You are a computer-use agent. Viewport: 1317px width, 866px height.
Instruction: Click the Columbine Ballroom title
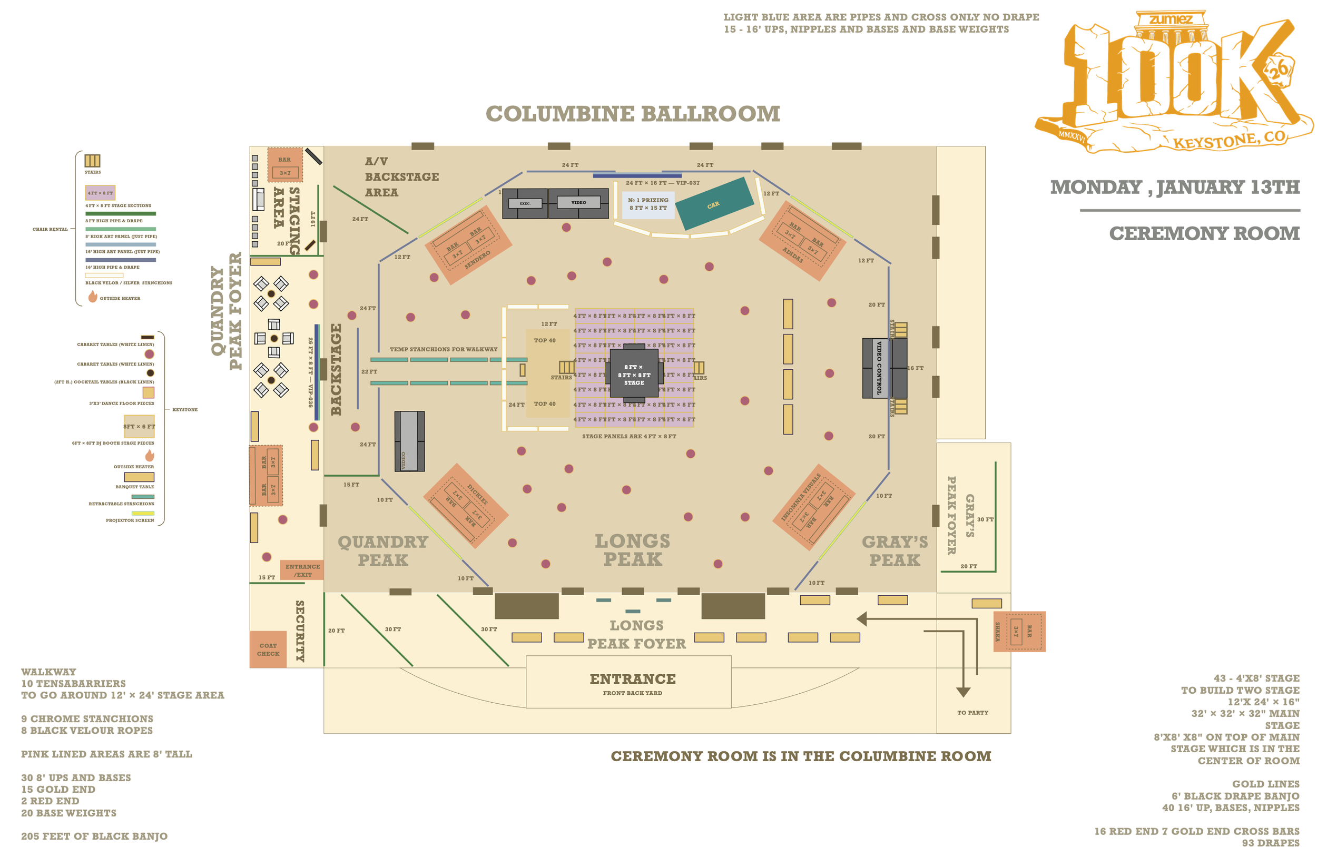click(x=633, y=114)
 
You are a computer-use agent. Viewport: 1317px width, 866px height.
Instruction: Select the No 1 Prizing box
click(x=647, y=204)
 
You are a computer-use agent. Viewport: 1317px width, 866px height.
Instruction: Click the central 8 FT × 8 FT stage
click(x=634, y=375)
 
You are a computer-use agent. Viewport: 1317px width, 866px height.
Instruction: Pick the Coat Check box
click(x=268, y=649)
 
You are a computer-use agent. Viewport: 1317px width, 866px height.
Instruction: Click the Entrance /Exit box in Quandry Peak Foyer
click(x=302, y=570)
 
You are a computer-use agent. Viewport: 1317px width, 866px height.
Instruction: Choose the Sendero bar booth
click(x=468, y=245)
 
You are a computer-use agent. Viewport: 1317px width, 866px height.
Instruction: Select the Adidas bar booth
click(x=802, y=241)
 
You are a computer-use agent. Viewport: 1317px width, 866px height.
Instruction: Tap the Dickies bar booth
click(x=465, y=505)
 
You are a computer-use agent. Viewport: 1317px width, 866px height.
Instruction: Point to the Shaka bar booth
click(x=1019, y=632)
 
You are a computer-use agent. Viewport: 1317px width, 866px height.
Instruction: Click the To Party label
click(x=972, y=713)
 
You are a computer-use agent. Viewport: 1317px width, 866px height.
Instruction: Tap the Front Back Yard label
click(x=632, y=693)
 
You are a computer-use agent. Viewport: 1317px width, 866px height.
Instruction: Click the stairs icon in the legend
click(x=92, y=161)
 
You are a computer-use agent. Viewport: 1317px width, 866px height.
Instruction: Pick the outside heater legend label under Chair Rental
click(x=120, y=299)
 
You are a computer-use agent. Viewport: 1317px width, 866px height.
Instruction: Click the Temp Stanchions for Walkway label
click(x=443, y=350)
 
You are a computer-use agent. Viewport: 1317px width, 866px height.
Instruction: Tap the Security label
click(x=300, y=631)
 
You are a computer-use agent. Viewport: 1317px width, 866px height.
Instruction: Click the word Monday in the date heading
click(x=1096, y=188)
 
